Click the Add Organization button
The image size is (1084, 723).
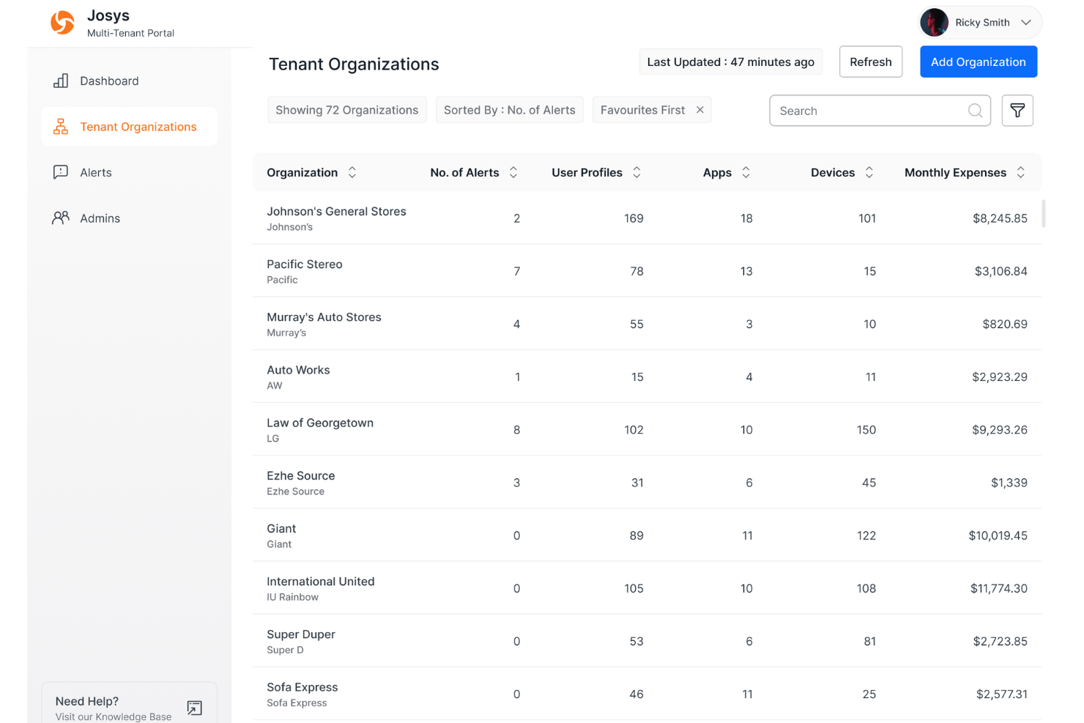click(x=978, y=62)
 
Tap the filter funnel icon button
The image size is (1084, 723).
click(x=1017, y=111)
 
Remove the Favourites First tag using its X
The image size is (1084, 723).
click(x=700, y=110)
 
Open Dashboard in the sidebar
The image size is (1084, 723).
click(x=109, y=81)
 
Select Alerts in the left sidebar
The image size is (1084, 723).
click(x=96, y=173)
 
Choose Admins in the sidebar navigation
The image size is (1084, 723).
click(x=100, y=218)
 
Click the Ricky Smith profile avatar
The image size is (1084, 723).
click(x=934, y=23)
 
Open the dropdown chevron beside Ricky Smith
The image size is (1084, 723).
click(x=1026, y=23)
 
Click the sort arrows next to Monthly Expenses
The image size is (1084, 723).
click(x=1020, y=173)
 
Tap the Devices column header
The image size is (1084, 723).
click(x=833, y=173)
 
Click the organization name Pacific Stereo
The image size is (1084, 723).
click(x=304, y=264)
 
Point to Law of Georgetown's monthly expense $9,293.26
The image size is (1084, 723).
click(x=999, y=430)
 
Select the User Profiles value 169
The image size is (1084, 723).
click(x=634, y=218)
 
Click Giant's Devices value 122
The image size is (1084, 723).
click(x=866, y=535)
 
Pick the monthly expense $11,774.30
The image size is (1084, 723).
click(x=998, y=588)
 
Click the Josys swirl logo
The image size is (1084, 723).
click(x=62, y=23)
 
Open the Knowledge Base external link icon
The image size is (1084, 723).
click(x=194, y=708)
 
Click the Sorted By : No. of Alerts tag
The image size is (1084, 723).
click(x=509, y=110)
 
